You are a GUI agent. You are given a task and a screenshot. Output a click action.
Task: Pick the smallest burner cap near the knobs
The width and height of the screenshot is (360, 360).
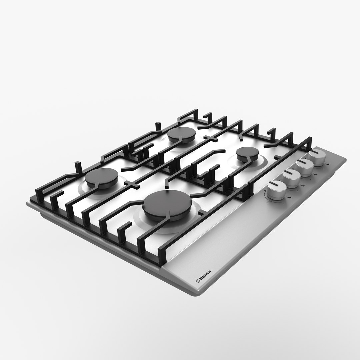click(x=246, y=154)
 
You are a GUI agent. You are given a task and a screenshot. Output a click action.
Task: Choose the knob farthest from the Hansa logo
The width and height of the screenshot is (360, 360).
click(x=317, y=157)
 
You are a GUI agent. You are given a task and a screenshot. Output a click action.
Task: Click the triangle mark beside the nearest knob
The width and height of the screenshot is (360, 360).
click(x=289, y=198)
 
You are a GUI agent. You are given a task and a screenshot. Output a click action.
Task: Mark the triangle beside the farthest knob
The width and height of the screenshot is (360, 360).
click(x=327, y=164)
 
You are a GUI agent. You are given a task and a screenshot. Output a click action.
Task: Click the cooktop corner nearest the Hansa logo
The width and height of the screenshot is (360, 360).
click(x=197, y=293)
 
